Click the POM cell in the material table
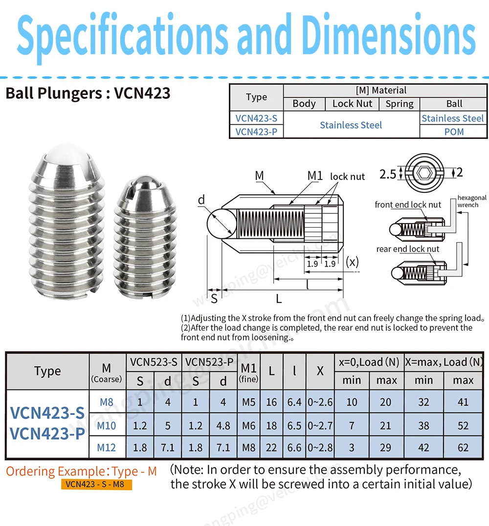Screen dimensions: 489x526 [x=454, y=132]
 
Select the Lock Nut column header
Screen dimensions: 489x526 [x=352, y=104]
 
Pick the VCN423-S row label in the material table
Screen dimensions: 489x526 [x=256, y=118]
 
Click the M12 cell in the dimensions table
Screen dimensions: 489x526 [x=107, y=448]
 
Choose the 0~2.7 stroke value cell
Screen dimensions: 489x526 [x=320, y=425]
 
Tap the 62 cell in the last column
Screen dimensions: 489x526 [x=463, y=448]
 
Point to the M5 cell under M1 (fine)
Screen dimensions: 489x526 [x=249, y=402]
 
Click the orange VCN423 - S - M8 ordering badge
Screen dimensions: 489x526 [x=96, y=484]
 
